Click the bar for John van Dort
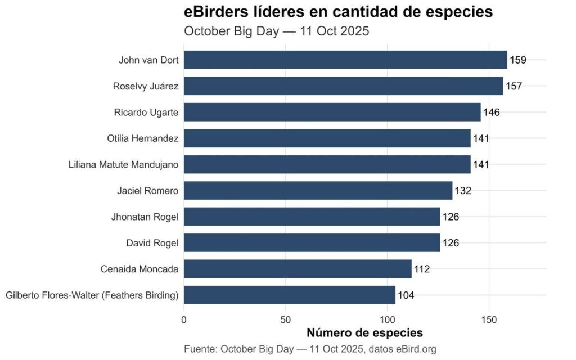[345, 60]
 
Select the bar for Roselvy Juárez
[343, 86]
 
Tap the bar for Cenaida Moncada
[298, 269]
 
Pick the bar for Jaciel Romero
[318, 191]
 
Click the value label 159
[518, 60]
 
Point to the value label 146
[491, 112]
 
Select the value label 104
[406, 295]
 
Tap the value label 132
[462, 191]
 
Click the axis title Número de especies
[364, 332]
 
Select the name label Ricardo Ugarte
[146, 112]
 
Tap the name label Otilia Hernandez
[143, 138]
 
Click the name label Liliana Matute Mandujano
[124, 165]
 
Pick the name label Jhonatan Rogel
[145, 217]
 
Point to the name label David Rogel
[152, 243]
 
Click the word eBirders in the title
[218, 12]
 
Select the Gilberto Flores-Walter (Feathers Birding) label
[92, 295]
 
